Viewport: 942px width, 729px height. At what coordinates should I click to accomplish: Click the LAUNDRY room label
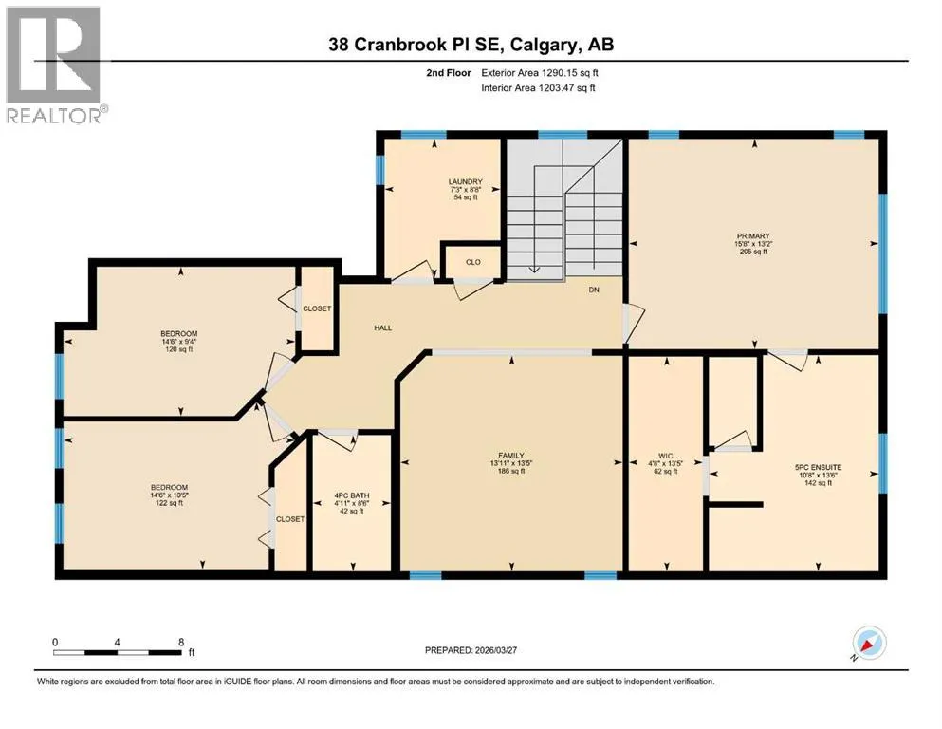[465, 181]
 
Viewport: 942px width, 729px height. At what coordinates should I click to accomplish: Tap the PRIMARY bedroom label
[753, 236]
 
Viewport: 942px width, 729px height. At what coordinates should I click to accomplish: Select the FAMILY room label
[511, 456]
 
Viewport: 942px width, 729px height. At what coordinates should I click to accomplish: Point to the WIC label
[666, 456]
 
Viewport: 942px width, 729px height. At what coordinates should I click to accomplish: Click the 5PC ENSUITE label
[819, 467]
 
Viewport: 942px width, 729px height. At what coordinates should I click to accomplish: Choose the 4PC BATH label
[352, 495]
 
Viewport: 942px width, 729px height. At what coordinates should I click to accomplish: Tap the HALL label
[382, 327]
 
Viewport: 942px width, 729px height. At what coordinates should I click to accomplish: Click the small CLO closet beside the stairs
[472, 262]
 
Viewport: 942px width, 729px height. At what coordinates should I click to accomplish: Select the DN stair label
[594, 290]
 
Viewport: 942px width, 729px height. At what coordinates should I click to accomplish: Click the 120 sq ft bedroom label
[178, 342]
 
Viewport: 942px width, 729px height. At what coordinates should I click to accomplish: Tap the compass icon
[869, 643]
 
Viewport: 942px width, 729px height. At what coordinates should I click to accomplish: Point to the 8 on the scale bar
[181, 642]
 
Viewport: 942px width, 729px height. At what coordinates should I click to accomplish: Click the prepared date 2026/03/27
[495, 650]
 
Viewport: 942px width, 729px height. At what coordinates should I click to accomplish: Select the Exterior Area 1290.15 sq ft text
[540, 73]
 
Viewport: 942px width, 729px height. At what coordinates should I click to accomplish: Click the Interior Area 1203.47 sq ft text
[538, 87]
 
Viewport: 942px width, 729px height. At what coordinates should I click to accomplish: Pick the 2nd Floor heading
[448, 73]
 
